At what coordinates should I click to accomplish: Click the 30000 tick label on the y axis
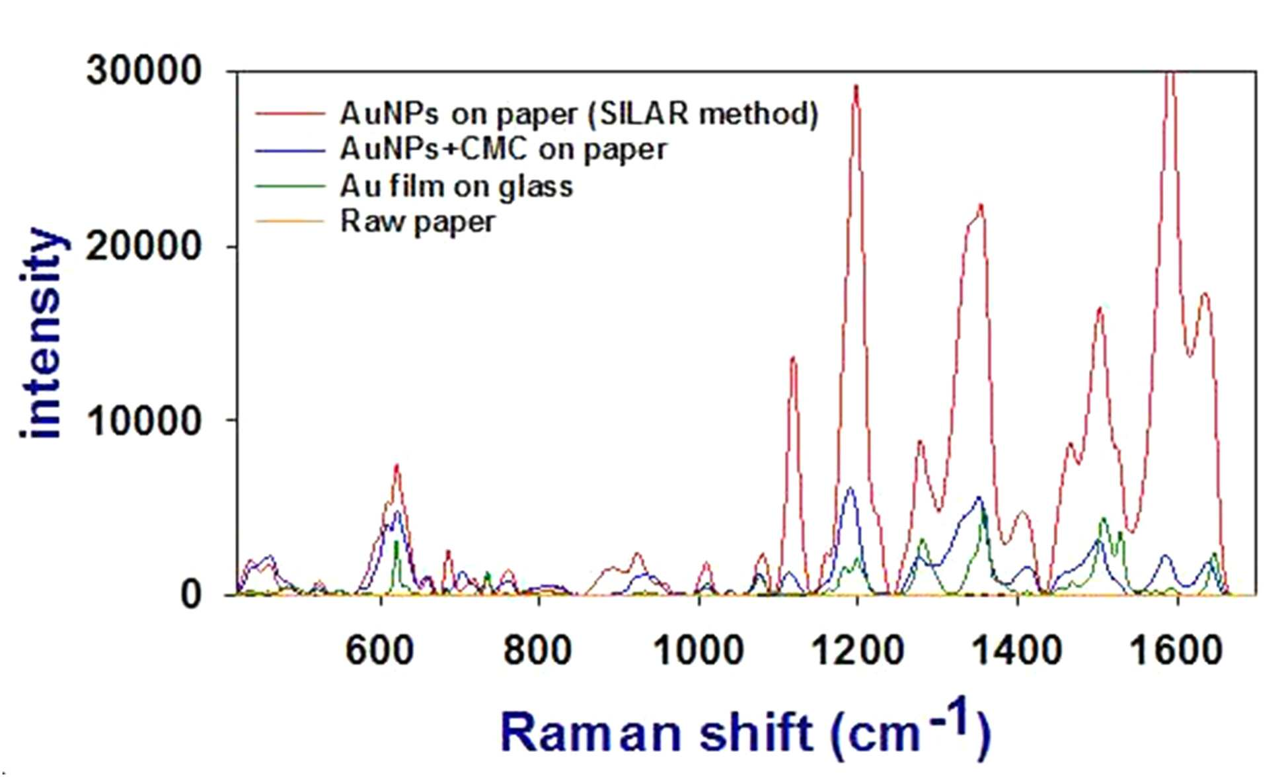143,69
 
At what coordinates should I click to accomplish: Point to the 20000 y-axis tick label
143,245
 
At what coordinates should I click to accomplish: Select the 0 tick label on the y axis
190,594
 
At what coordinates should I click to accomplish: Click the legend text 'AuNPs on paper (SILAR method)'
579,113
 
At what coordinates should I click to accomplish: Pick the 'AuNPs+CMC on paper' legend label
504,149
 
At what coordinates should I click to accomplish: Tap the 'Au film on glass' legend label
456,186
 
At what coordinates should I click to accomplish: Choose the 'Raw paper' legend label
417,222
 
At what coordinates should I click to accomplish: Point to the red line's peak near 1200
856,86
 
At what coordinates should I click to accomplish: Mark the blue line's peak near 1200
851,488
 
